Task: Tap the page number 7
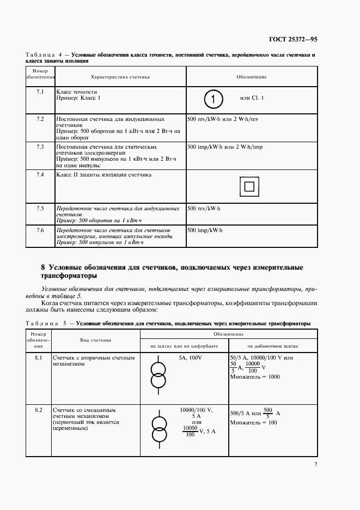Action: click(315, 464)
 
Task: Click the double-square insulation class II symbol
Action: click(249, 187)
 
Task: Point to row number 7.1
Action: click(40, 91)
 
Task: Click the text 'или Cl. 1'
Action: click(252, 98)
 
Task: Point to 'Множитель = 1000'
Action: click(255, 377)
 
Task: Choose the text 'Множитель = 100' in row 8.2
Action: click(253, 423)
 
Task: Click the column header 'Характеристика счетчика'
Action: click(120, 77)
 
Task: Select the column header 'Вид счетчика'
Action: click(96, 339)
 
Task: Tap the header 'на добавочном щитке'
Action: click(273, 345)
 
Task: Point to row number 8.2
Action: click(39, 409)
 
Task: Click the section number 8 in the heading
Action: click(43, 268)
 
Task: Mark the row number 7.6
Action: click(40, 230)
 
